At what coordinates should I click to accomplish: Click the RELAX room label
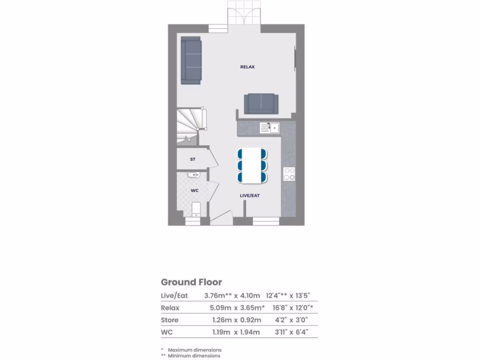247,67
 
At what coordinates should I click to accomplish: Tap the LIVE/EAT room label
250,195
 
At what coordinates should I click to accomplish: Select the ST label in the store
193,159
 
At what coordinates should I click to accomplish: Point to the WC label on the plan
195,191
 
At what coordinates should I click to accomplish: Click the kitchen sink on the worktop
269,127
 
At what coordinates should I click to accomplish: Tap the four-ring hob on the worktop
289,174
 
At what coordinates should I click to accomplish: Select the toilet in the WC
196,210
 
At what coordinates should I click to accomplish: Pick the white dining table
252,165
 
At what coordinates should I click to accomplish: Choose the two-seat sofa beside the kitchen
261,103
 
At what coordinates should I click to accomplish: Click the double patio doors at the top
244,15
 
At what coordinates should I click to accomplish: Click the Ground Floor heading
191,282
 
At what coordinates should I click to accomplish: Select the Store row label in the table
170,320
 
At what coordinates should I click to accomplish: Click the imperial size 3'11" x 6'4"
291,332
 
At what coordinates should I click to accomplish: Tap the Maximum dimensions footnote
195,350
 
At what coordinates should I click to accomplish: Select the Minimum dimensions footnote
194,356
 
